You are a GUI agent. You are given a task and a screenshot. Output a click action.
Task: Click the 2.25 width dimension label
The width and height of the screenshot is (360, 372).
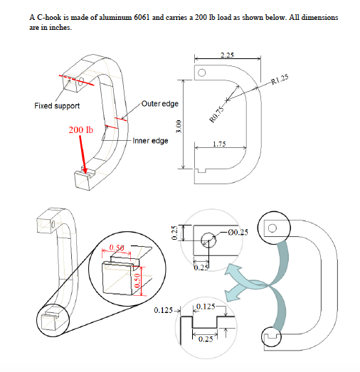227,55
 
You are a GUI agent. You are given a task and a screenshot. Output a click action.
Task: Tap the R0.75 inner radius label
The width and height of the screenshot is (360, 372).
218,114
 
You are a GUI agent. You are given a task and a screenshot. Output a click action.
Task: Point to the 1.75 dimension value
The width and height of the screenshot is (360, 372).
220,144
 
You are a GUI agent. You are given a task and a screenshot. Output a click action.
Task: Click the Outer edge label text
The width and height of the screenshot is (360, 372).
159,104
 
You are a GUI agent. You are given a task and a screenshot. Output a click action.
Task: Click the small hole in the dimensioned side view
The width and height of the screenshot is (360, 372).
201,72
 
